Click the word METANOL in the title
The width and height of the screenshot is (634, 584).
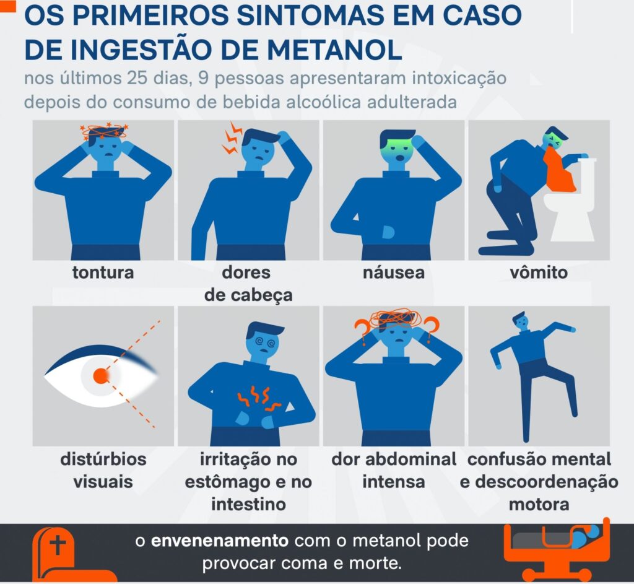(334, 50)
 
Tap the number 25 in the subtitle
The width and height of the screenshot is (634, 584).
(137, 78)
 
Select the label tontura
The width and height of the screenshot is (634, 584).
(103, 272)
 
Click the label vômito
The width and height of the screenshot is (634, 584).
(539, 272)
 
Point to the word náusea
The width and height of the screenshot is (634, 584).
(393, 272)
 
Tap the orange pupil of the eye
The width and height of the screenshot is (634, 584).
(101, 376)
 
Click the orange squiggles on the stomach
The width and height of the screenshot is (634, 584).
(259, 398)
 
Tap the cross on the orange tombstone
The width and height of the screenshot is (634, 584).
(58, 544)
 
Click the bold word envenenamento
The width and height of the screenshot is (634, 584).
(220, 541)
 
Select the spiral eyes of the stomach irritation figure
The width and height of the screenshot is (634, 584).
(265, 342)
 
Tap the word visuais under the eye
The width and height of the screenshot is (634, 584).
(103, 482)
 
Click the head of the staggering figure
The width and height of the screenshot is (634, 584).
(520, 320)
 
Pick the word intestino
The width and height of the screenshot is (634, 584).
(248, 504)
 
